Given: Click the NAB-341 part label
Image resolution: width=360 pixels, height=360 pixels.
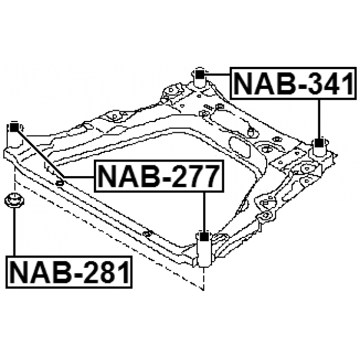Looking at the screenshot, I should click(294, 84).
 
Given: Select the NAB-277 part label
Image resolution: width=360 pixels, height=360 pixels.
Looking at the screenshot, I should click(159, 177).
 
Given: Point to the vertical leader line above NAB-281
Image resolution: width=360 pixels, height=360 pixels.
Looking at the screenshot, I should click(13, 233).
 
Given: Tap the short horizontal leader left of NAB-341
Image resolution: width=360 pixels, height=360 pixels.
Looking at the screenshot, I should click(217, 73).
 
